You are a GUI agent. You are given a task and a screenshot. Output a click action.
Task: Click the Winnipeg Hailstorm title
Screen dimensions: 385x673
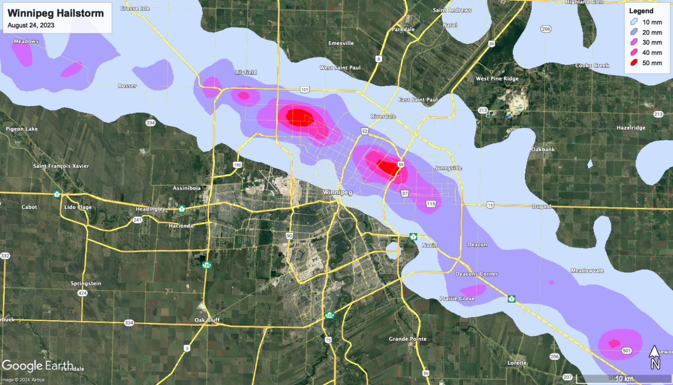pos(56,13)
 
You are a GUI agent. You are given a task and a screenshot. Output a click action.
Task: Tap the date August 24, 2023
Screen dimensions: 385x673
pos(31,25)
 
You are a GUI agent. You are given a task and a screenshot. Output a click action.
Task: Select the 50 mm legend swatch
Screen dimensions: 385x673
pos(634,63)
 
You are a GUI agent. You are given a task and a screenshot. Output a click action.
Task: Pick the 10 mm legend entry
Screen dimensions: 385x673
pos(646,22)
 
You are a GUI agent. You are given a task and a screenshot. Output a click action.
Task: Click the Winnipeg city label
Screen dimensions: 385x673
pos(337,193)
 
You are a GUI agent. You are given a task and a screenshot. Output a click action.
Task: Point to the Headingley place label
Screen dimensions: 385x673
pos(150,209)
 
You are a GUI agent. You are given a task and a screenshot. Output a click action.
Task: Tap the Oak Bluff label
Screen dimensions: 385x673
pos(207,320)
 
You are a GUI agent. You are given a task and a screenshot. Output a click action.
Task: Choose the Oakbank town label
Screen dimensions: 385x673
pos(543,149)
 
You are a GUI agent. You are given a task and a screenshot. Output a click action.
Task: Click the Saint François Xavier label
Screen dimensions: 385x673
pos(61,166)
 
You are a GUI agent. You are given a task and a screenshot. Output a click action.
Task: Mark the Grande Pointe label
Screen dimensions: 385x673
pos(407,339)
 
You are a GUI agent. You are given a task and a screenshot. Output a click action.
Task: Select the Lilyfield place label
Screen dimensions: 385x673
pos(246,72)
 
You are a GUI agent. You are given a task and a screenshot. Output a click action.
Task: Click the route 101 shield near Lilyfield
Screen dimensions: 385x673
pos(305,90)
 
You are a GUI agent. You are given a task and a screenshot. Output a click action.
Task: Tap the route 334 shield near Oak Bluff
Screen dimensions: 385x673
pos(128,323)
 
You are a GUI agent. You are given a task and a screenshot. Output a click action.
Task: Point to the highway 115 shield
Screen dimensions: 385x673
pos(431,204)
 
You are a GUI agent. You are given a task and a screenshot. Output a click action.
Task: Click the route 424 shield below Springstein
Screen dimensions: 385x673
pos(82,293)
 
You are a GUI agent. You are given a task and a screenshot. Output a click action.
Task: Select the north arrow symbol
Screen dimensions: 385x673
pos(654,357)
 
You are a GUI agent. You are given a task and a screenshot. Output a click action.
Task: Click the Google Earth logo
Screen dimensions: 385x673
pos(37,366)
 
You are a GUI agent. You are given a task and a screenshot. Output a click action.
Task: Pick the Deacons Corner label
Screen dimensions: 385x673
pos(476,274)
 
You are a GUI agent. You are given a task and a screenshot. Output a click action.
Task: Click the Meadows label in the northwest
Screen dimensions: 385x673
pos(26,42)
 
